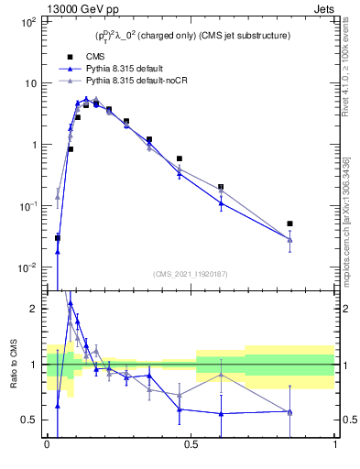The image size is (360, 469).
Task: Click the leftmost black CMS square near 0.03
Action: tap(57, 237)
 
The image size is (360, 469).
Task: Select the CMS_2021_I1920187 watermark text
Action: tap(190, 273)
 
